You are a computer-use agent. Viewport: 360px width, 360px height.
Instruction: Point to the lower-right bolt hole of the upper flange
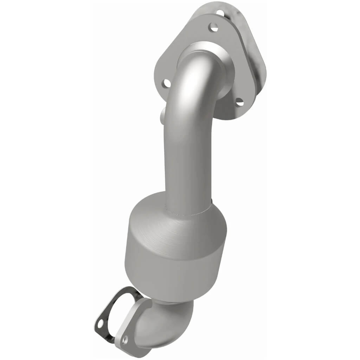pos(239,102)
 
